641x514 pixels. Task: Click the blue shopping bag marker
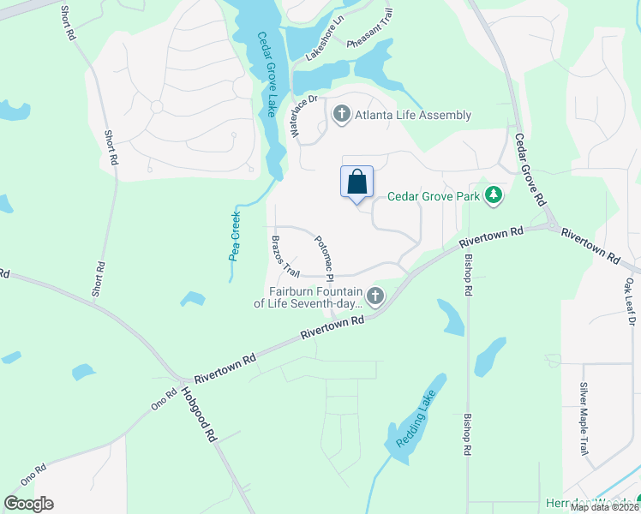click(357, 182)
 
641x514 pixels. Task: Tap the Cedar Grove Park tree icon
click(493, 196)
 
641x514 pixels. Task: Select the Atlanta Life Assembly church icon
click(342, 115)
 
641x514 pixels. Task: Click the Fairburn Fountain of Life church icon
click(374, 296)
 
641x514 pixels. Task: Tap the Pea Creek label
click(235, 235)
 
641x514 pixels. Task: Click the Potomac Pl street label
click(323, 257)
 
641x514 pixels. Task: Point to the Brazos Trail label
click(285, 255)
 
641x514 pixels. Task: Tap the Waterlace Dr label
click(304, 116)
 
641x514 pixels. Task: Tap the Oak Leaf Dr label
click(631, 301)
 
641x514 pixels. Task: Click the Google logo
click(28, 504)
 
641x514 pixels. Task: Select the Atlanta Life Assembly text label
click(413, 115)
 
